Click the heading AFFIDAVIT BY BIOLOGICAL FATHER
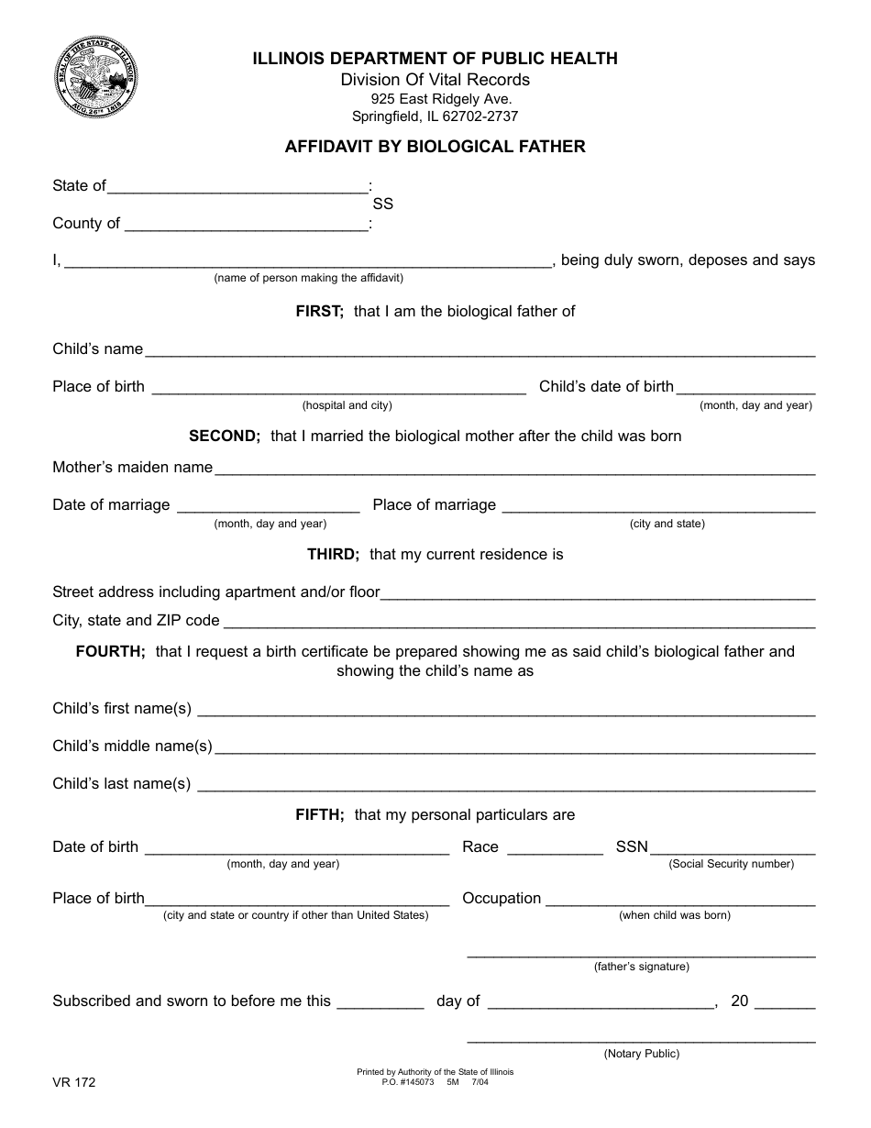coord(435,146)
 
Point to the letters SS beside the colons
coord(382,205)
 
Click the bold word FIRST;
coord(319,311)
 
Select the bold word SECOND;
coord(225,436)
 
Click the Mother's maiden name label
coord(133,467)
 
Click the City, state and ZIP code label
coord(136,620)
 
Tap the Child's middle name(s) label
coord(132,746)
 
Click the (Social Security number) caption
coord(731,864)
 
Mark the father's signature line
coord(641,955)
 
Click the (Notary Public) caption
coord(641,1054)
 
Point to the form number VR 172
coord(73,1082)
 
